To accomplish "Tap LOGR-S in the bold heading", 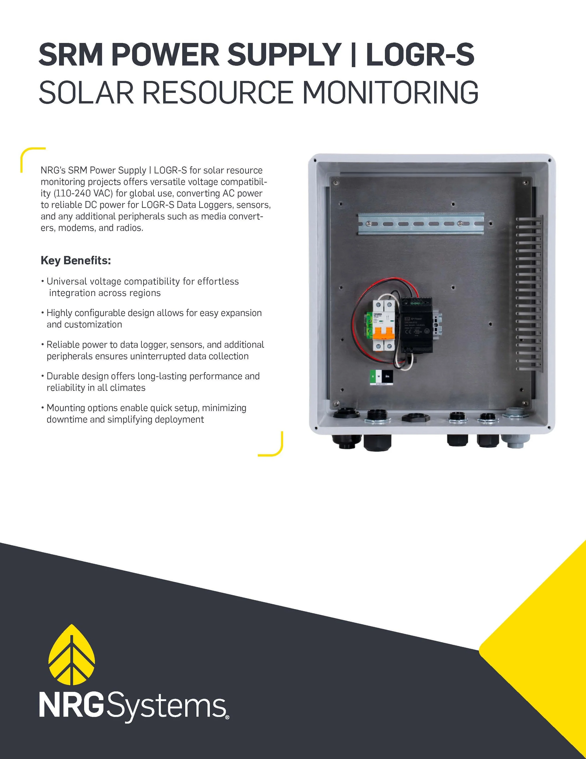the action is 420,55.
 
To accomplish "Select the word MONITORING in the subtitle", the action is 391,92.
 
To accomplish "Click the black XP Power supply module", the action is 417,325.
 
